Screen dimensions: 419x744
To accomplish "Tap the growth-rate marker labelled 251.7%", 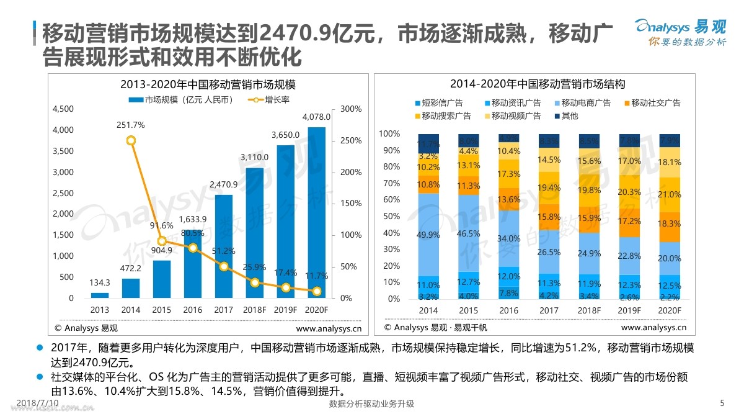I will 131,140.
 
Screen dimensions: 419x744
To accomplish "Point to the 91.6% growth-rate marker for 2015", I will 162,241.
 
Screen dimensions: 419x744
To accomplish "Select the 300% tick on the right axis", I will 351,109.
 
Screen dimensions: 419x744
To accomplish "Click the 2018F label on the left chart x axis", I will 254,310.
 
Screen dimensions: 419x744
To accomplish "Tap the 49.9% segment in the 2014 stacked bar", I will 428,235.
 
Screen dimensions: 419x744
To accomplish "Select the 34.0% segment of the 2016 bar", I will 508,238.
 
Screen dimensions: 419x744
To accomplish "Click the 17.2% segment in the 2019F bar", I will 629,222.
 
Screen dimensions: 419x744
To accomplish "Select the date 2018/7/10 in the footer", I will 38,403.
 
